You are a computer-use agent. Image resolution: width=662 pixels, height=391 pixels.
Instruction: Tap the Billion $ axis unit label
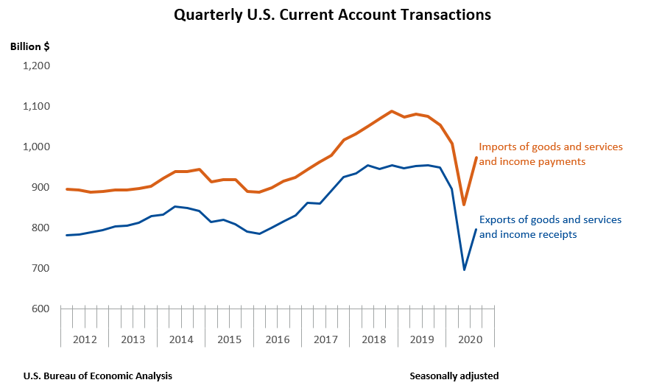[x=30, y=46]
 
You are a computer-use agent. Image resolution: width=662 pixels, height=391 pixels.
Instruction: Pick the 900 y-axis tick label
[x=40, y=187]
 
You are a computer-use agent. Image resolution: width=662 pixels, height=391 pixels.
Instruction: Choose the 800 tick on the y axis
[x=40, y=228]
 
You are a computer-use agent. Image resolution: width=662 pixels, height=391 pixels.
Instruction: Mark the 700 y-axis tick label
[x=40, y=268]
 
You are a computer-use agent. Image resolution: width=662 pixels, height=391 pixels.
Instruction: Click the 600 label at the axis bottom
[x=40, y=309]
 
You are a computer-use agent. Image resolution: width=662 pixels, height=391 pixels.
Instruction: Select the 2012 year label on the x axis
[x=85, y=339]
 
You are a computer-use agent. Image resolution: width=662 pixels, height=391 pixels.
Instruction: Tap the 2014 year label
[x=181, y=339]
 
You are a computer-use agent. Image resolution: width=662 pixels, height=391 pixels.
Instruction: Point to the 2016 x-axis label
[x=278, y=339]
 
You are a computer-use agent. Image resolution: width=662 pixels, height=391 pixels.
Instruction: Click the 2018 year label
[x=374, y=339]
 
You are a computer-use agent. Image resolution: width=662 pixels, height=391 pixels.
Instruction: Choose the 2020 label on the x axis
[x=470, y=339]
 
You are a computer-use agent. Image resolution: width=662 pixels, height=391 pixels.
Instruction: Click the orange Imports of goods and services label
[x=551, y=154]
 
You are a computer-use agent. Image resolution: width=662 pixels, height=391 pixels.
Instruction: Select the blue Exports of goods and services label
[x=550, y=227]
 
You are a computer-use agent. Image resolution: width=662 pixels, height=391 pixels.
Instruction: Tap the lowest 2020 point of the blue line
[x=464, y=270]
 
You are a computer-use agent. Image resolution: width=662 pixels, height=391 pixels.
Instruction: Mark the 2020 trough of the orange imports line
[x=464, y=205]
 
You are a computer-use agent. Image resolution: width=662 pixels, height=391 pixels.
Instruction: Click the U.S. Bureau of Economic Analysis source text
[x=98, y=376]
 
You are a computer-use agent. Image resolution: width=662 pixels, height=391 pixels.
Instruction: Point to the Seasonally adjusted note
[x=454, y=376]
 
